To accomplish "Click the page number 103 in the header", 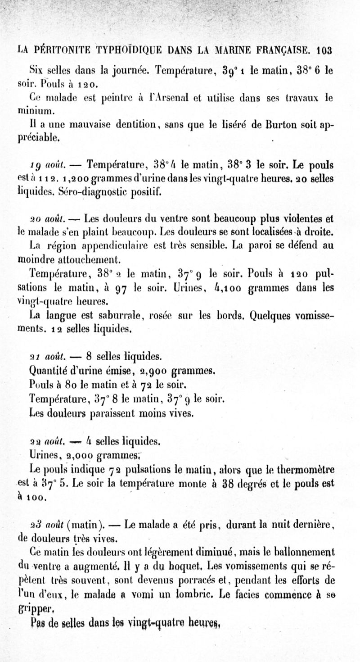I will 324,50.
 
